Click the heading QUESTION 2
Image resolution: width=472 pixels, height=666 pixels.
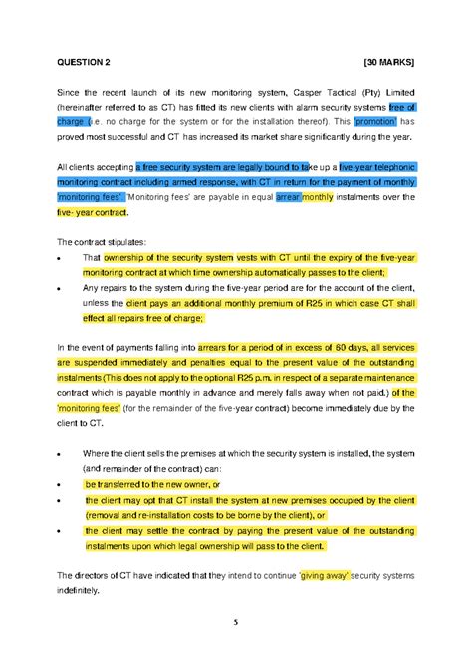tap(84, 62)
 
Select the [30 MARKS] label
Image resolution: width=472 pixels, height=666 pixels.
tap(389, 62)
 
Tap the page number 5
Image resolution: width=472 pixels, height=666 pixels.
tap(236, 623)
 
